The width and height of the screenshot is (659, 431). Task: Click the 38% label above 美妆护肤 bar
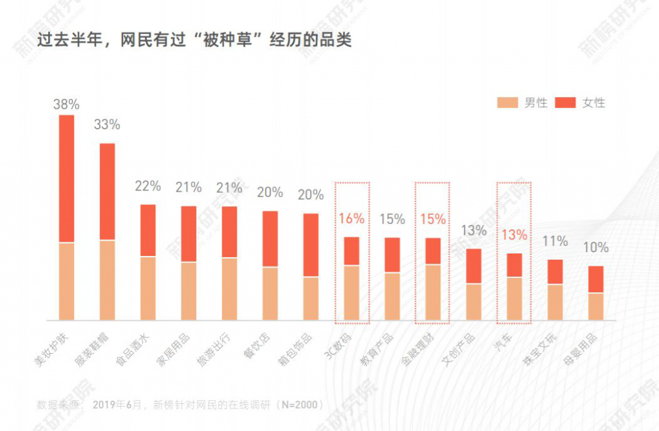66,104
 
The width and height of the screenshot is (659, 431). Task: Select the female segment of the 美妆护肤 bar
66,178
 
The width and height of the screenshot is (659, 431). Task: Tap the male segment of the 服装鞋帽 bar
107,280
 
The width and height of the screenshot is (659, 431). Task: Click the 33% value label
107,125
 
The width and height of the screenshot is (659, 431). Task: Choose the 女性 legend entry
582,102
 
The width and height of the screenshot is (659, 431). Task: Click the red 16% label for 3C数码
351,219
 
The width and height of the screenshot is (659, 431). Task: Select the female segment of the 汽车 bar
514,265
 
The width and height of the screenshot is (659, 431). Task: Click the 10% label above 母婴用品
596,248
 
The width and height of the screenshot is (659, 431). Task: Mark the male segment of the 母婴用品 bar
596,306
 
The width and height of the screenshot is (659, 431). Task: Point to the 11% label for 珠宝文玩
555,241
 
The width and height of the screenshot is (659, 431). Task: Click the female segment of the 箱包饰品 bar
311,244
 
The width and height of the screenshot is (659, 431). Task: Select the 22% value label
148,187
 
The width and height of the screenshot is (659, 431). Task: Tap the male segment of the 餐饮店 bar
270,293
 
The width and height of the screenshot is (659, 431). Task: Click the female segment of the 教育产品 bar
393,255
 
